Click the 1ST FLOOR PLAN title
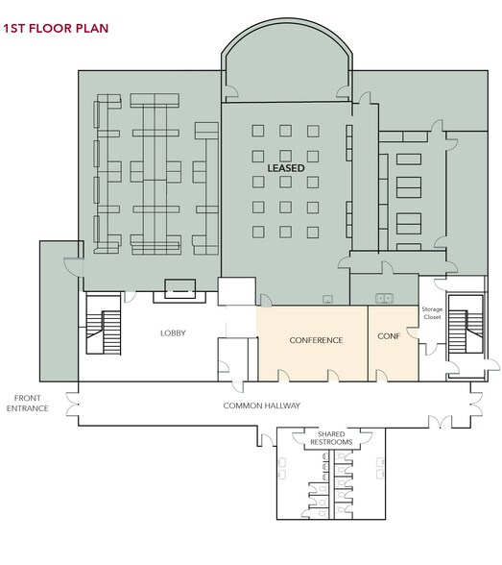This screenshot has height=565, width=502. click(56, 29)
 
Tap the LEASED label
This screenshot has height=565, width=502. click(285, 167)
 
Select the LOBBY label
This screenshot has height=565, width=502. click(173, 333)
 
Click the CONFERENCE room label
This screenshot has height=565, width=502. click(316, 340)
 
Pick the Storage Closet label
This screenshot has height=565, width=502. click(431, 313)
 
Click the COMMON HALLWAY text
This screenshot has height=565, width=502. click(262, 405)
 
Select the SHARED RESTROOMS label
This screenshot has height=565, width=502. click(328, 438)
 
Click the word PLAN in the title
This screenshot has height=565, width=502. click(91, 29)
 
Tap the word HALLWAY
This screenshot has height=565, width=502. click(279, 405)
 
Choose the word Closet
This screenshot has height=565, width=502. click(431, 317)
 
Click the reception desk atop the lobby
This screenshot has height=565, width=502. click(179, 286)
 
